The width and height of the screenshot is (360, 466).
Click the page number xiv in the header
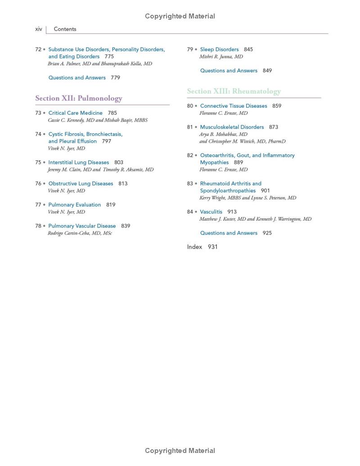(x=39, y=29)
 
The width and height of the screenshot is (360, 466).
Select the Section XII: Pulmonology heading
(x=79, y=98)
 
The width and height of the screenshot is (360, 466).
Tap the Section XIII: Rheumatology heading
(x=234, y=91)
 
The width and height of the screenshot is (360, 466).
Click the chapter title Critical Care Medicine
(x=75, y=113)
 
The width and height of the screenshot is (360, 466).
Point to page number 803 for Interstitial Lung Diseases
(x=119, y=163)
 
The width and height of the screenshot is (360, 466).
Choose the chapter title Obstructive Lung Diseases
(x=81, y=184)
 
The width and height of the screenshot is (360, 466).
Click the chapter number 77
(x=38, y=205)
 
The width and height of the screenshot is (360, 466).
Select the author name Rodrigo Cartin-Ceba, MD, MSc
(x=80, y=233)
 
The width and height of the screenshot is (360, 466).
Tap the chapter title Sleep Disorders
(x=219, y=50)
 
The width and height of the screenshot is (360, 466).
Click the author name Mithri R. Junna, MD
(x=221, y=57)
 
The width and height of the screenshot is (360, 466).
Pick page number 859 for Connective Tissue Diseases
(x=277, y=106)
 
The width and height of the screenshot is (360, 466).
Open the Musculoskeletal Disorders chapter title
(x=232, y=127)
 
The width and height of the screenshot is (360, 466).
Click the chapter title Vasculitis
(x=211, y=212)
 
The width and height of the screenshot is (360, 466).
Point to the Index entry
(x=194, y=247)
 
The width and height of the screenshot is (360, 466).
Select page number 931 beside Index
(x=212, y=247)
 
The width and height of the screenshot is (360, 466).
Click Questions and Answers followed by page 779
(x=77, y=78)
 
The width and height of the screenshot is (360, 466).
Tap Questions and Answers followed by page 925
(x=229, y=233)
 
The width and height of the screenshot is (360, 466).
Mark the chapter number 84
(x=190, y=212)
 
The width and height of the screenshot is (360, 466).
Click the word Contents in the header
(x=65, y=29)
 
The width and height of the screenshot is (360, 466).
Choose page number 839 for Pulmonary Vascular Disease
(x=126, y=226)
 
